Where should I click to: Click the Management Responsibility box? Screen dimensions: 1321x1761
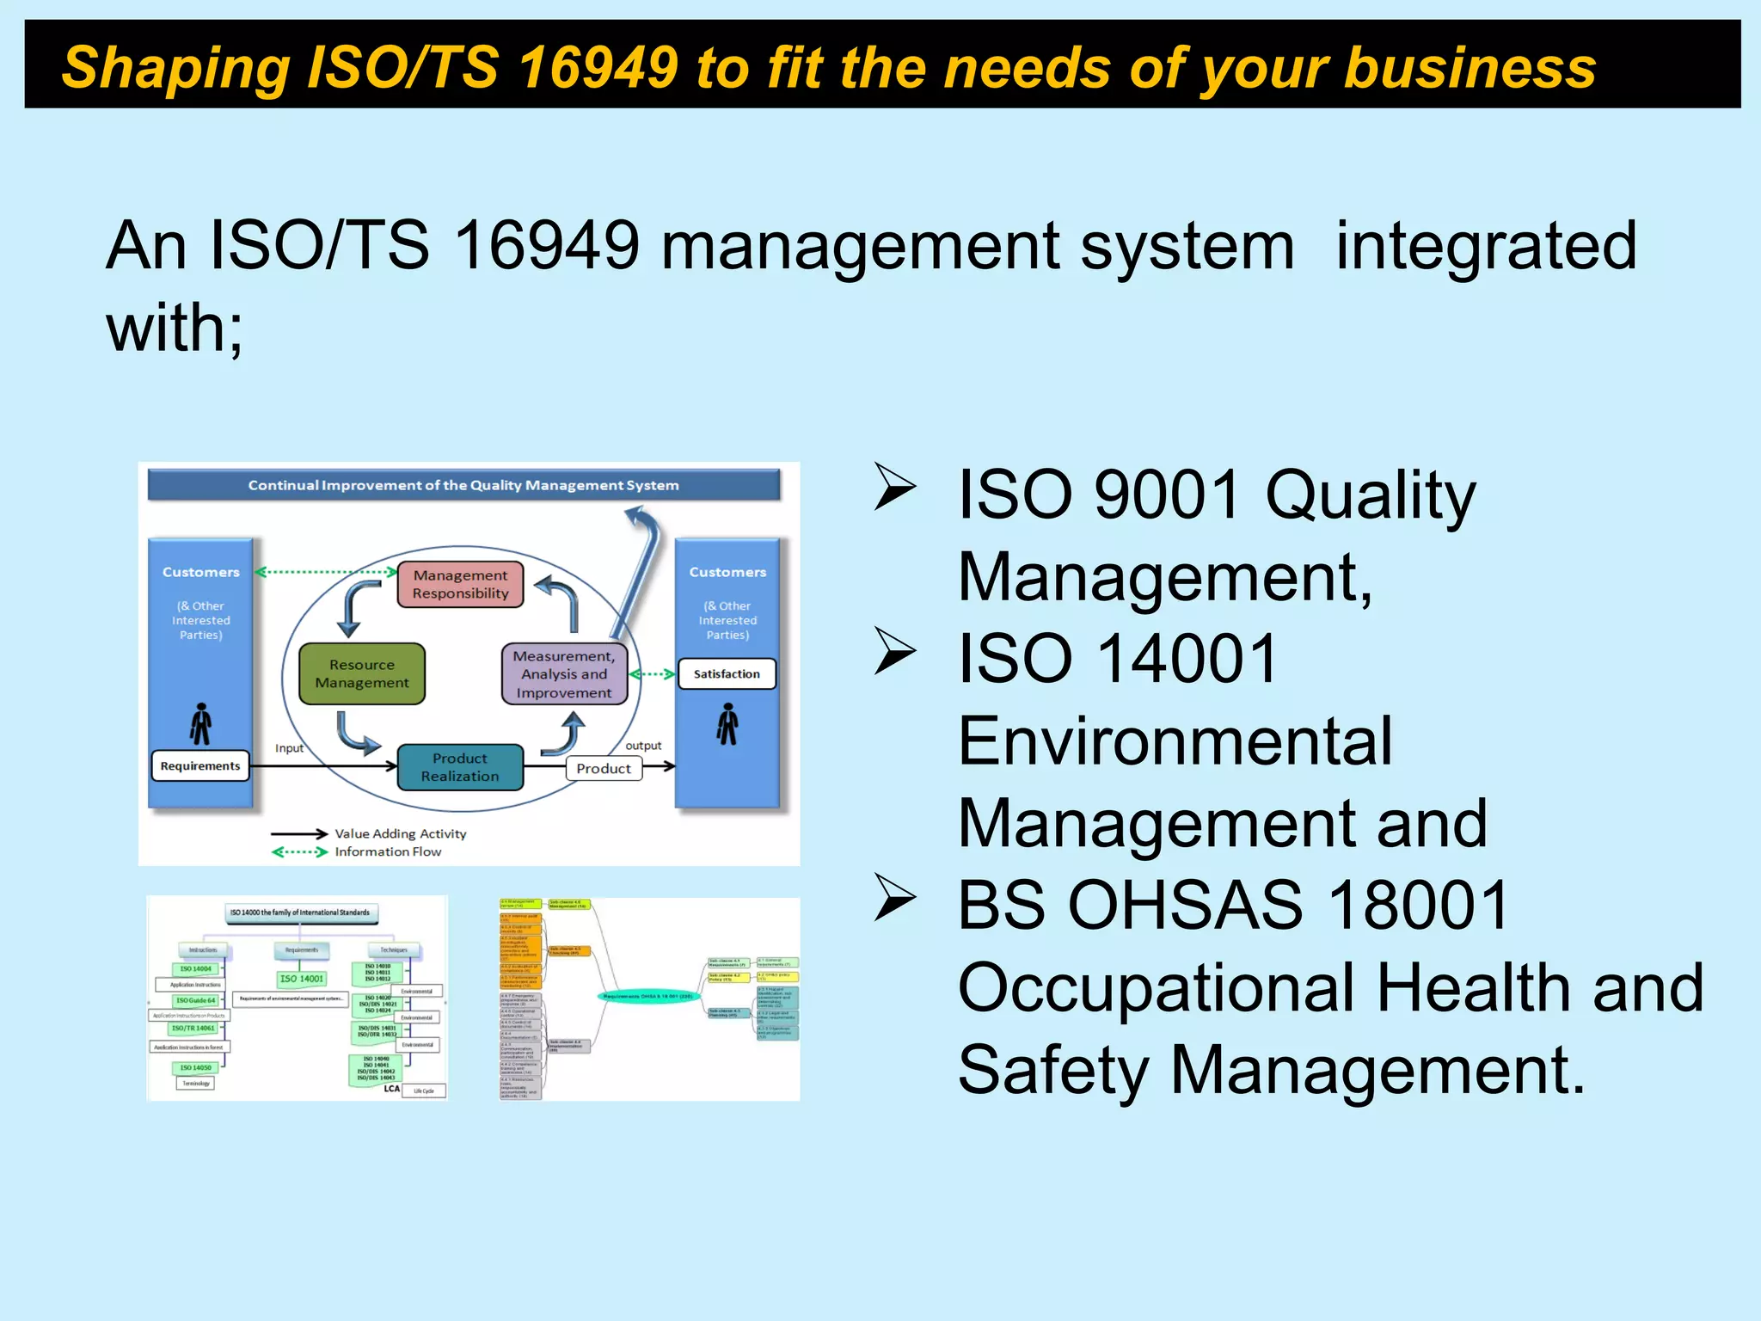[x=460, y=584]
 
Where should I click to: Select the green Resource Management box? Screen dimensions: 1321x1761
[x=362, y=673]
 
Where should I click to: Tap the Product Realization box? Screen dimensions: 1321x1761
[x=460, y=767]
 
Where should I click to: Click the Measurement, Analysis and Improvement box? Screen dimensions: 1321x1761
[x=564, y=674]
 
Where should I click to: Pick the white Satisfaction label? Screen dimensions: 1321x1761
[x=727, y=674]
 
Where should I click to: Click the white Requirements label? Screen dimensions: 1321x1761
[x=200, y=765]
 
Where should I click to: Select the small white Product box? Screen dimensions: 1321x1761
[x=604, y=769]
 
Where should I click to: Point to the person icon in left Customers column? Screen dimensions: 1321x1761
[x=201, y=724]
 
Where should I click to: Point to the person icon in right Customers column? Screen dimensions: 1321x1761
[x=727, y=724]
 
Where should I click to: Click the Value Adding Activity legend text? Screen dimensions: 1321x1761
[x=401, y=833]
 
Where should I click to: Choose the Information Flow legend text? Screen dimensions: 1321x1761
[x=388, y=851]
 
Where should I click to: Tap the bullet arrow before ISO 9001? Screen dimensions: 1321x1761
[x=895, y=487]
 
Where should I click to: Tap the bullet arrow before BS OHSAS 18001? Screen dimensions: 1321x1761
[x=895, y=897]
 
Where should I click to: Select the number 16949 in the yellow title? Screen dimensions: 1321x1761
[x=599, y=67]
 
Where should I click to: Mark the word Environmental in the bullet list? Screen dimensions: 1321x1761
[x=1175, y=741]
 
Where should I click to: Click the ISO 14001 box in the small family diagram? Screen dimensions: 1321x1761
[x=302, y=979]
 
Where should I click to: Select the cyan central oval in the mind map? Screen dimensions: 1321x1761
[x=648, y=996]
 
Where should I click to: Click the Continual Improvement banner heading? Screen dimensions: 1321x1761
[x=463, y=485]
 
